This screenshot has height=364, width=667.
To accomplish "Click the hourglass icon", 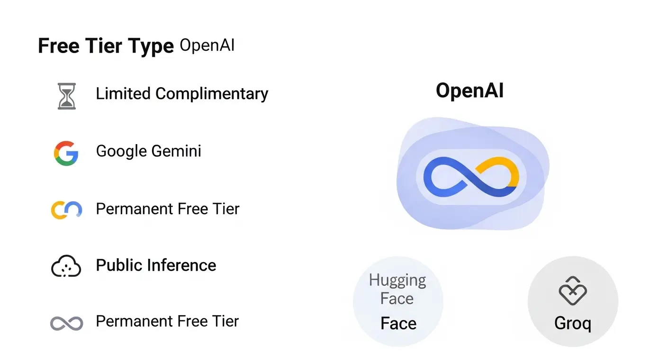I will coord(66,96).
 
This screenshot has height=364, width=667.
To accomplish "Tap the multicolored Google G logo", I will coord(66,153).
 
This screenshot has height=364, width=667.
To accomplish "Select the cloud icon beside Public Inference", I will coord(66,266).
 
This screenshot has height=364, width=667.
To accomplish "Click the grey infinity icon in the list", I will coord(66,323).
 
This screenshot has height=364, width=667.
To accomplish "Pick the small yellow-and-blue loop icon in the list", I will coord(66,209).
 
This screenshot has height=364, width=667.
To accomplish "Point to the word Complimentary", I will coord(211,94).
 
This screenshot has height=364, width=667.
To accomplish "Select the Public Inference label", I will coord(156,265).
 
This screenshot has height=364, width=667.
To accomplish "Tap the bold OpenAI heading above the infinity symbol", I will coord(469,91).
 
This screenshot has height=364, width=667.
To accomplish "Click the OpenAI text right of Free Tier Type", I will coord(207,45).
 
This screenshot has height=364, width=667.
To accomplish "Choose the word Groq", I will coord(572,324).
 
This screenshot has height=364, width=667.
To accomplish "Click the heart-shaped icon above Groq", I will coord(572,290).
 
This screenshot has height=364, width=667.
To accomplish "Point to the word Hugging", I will coord(397,280).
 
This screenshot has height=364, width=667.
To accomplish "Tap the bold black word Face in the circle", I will coord(398,324).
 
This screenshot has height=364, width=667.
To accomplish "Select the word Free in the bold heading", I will coord(57,46).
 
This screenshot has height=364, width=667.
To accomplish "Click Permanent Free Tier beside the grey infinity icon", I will coord(167,321).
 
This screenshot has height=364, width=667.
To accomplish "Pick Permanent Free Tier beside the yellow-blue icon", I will coord(167,209).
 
